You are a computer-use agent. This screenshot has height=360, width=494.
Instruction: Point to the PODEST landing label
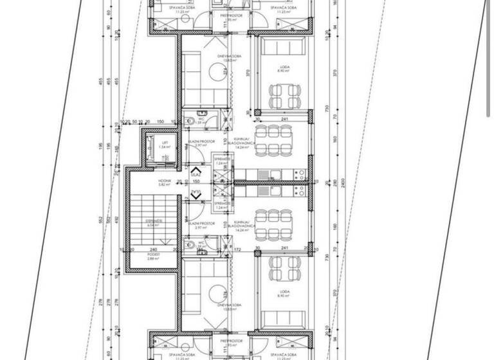(x=153, y=254)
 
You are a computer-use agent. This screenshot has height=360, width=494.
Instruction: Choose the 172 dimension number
(x=237, y=248)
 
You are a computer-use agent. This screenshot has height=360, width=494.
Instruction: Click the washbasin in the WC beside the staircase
(x=202, y=253)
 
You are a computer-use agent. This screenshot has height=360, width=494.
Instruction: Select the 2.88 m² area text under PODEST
(x=153, y=258)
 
